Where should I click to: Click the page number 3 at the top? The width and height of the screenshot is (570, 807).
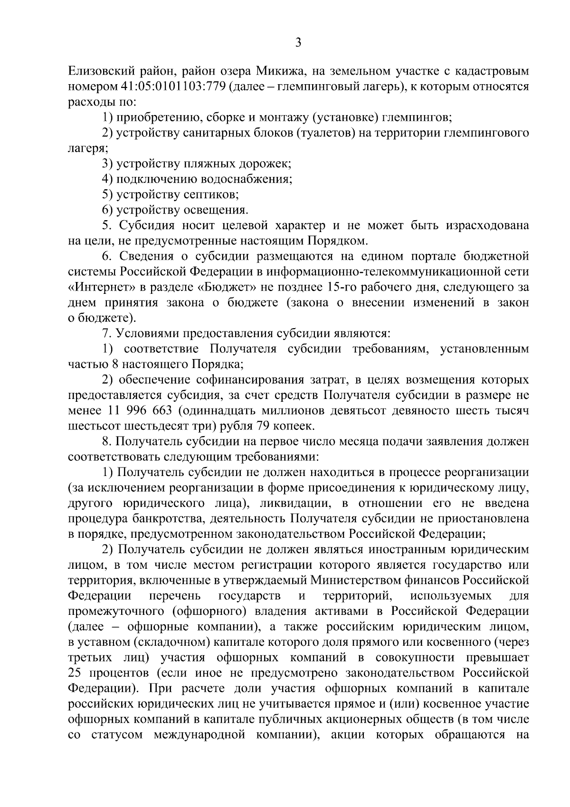[298, 43]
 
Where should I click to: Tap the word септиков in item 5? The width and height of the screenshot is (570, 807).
[211, 194]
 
